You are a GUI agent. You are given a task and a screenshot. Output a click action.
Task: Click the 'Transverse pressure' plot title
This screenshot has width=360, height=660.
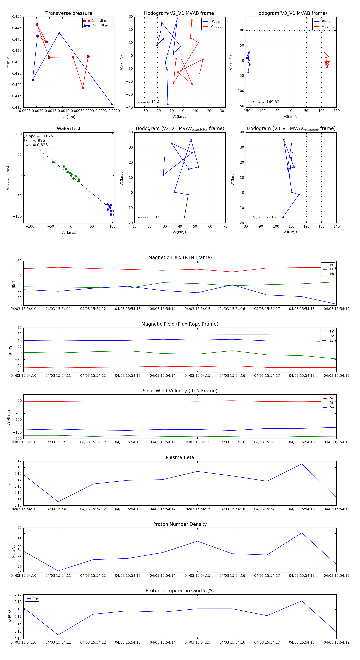pyautogui.click(x=69, y=13)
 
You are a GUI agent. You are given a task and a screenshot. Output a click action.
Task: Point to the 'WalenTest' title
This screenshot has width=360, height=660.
pyautogui.click(x=69, y=129)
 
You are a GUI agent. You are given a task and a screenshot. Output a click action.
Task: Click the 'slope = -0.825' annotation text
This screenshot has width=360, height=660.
pyautogui.click(x=39, y=136)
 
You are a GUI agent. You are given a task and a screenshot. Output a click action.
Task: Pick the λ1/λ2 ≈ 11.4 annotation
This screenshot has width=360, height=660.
pyautogui.click(x=148, y=102)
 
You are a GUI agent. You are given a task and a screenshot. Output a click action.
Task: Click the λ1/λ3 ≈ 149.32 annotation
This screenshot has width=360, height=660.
pyautogui.click(x=266, y=102)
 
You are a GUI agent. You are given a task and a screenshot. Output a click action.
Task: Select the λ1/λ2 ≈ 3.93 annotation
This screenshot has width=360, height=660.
pyautogui.click(x=148, y=217)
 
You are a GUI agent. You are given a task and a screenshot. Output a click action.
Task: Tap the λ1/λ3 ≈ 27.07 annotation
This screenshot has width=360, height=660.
pyautogui.click(x=264, y=217)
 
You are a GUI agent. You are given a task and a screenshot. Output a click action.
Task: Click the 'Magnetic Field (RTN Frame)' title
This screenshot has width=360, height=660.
pyautogui.click(x=180, y=257)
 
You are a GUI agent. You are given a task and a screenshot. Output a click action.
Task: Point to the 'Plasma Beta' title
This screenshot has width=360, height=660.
pyautogui.click(x=180, y=458)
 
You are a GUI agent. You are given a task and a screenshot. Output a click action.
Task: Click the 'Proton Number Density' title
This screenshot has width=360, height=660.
pyautogui.click(x=180, y=524)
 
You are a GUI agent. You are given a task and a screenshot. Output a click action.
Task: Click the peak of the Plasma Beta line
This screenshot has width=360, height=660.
pyautogui.click(x=302, y=464)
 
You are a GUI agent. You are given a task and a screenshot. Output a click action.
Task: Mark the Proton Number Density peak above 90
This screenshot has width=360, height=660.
pyautogui.click(x=302, y=533)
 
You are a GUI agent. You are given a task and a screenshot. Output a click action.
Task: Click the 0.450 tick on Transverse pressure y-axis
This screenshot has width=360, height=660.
pyautogui.click(x=17, y=17)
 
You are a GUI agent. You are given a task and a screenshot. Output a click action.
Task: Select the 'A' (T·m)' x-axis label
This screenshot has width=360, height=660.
pyautogui.click(x=69, y=117)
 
